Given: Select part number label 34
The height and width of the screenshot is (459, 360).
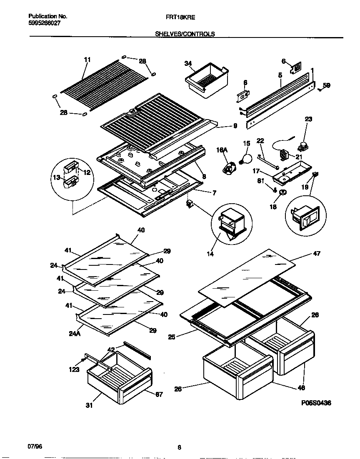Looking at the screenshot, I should tap(188, 63).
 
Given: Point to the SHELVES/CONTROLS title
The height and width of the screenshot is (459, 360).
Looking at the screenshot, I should tap(185, 34).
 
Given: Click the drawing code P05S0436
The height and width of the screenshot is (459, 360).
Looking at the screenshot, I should tap(315, 403).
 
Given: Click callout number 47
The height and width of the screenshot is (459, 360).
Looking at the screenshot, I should tap(317, 253).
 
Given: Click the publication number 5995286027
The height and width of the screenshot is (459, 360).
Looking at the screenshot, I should tap(45, 24).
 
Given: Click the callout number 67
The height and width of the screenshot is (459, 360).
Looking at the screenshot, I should tap(159, 394).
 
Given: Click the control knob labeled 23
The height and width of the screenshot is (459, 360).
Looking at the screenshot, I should tap(302, 146).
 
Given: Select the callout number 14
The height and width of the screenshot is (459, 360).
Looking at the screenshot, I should tap(210, 253).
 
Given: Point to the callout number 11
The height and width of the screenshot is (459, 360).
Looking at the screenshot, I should tap(87, 60).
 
